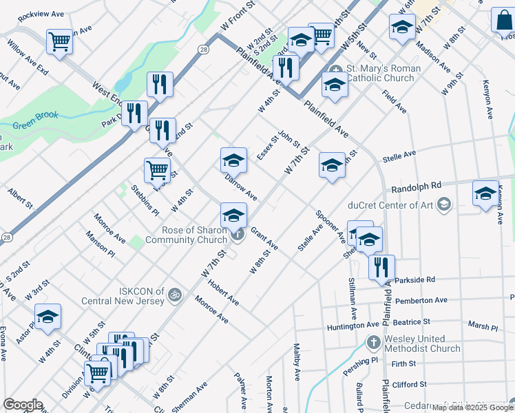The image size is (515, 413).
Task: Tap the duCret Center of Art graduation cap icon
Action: pos(444,204)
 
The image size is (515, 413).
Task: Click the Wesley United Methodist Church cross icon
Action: pos(372,342)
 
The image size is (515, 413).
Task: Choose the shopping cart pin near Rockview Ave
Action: pos(59,42)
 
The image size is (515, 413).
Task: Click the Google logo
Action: pos(23,404)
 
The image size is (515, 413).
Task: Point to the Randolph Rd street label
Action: pos(415,187)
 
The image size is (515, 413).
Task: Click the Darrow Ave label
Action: pos(241,187)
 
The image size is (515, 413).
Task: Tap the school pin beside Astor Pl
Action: pos(48,317)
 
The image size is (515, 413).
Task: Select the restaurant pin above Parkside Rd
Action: pos(381,266)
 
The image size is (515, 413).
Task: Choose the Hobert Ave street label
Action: pos(223,293)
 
